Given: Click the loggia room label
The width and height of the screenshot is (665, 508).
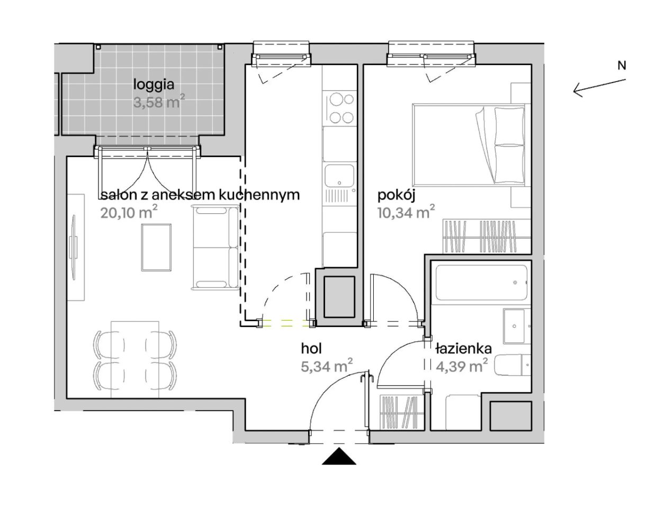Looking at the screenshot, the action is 154,85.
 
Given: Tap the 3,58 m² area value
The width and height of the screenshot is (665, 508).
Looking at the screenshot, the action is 159,102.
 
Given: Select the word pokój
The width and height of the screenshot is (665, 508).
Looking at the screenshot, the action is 396,196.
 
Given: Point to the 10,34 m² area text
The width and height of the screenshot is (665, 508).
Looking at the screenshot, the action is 406,212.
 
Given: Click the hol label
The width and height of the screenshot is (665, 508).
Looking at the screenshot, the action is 311,349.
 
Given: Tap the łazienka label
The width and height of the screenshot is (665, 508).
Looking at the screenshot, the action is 463,349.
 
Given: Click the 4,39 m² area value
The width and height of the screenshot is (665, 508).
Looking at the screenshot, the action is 461,365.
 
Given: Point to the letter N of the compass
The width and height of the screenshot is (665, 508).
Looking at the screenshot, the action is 622,66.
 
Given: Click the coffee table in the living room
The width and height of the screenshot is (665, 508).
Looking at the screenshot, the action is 156,247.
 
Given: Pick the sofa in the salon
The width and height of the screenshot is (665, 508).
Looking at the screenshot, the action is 215,247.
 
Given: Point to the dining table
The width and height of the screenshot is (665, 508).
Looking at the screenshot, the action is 135,359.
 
